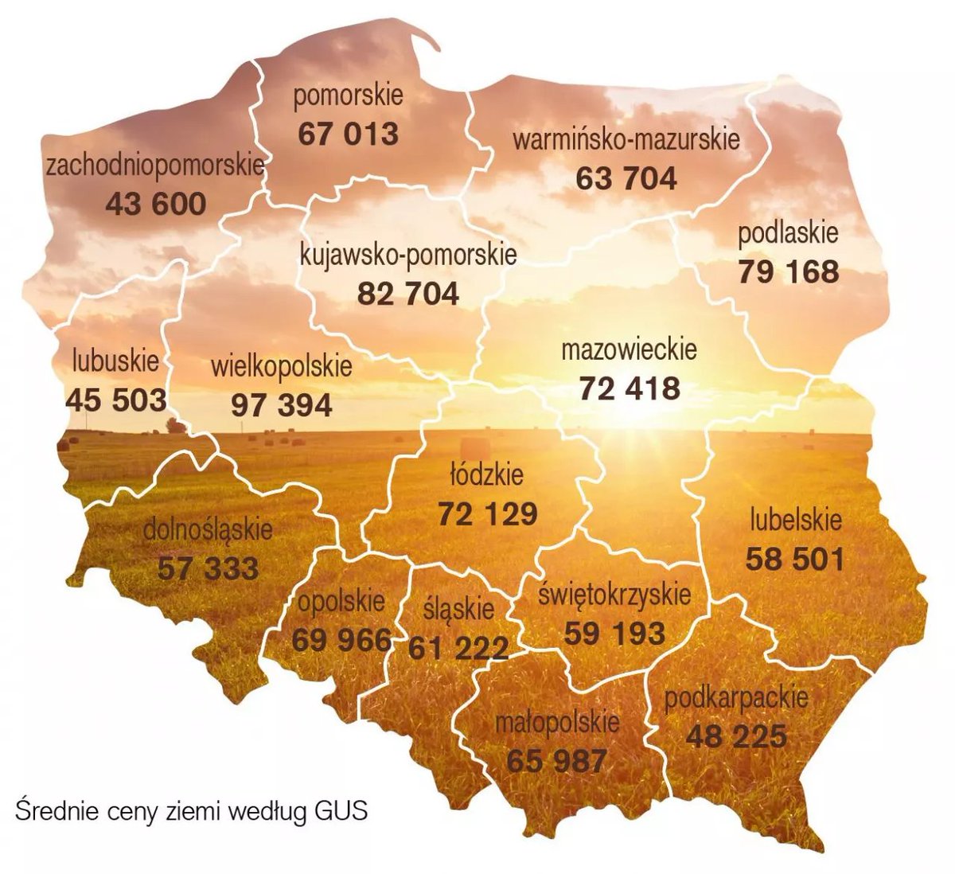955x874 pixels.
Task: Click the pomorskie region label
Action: pos(348,97)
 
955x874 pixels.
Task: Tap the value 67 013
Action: pos(348,134)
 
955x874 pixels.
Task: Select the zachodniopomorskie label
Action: pos(155,166)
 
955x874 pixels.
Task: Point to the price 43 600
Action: pos(155,204)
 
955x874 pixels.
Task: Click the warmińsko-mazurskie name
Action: pos(626,140)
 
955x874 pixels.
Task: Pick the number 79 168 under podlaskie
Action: pos(788,272)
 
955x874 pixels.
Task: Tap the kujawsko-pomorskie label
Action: pos(408,255)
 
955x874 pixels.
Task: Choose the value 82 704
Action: pos(408,294)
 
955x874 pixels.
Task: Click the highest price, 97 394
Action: pos(282,405)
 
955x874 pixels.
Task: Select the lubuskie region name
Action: pos(115,360)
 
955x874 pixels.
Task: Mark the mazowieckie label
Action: pos(629,349)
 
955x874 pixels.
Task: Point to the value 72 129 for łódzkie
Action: pos(487,513)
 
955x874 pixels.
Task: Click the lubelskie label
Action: pos(795,521)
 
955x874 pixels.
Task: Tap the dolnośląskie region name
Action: pos(208,529)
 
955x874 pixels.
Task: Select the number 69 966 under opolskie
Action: pos(341,639)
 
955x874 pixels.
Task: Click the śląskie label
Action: pos(458,610)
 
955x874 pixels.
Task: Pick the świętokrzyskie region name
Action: pos(614,595)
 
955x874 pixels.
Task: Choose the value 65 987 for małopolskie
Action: pos(556,760)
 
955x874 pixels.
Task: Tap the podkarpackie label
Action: pos(736,698)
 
